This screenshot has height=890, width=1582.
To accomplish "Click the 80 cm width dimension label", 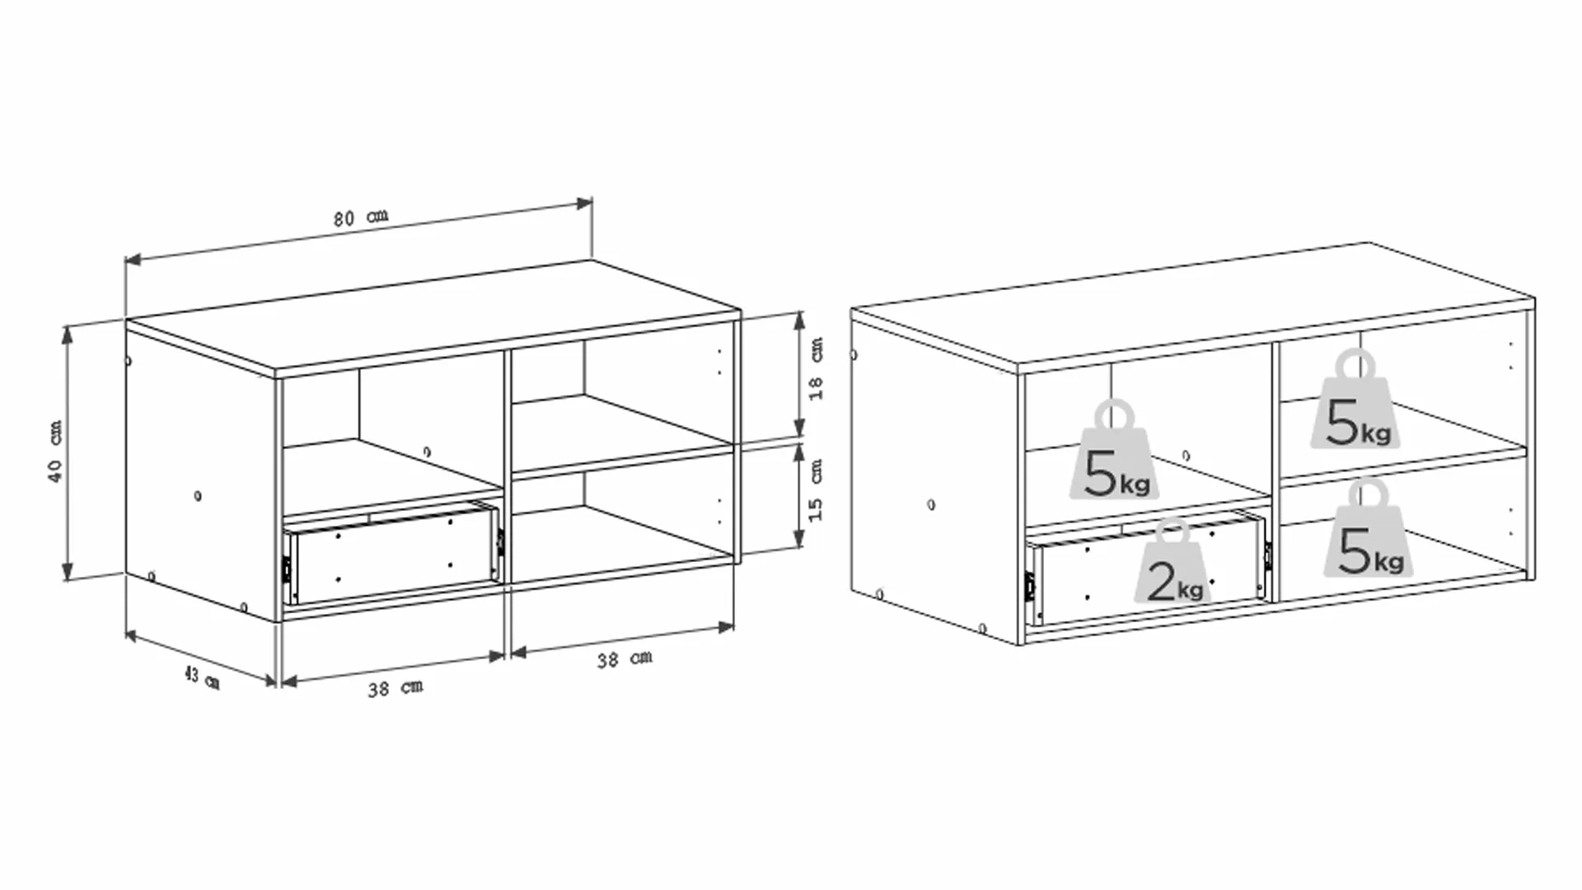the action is [x=360, y=218].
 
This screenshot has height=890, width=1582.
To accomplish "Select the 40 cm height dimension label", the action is [x=54, y=451].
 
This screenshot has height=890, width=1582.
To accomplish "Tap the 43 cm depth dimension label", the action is [x=202, y=678].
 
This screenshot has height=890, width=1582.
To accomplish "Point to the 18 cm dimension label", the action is [x=815, y=368].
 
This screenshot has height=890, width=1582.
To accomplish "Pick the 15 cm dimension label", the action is [x=815, y=489].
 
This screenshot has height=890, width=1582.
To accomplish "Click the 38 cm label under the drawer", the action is [x=395, y=687].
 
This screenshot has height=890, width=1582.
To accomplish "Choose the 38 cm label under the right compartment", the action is [x=625, y=658].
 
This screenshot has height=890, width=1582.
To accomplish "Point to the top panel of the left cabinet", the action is [x=433, y=318].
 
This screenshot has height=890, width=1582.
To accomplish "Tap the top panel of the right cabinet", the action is [x=1193, y=304].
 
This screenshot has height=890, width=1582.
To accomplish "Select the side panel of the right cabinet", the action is [x=935, y=478].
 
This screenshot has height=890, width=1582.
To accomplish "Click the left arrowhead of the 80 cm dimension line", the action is [x=133, y=260].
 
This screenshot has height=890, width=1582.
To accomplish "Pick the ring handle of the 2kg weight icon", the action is [x=1173, y=532].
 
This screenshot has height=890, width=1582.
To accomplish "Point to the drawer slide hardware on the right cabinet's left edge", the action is [x=1030, y=586].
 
